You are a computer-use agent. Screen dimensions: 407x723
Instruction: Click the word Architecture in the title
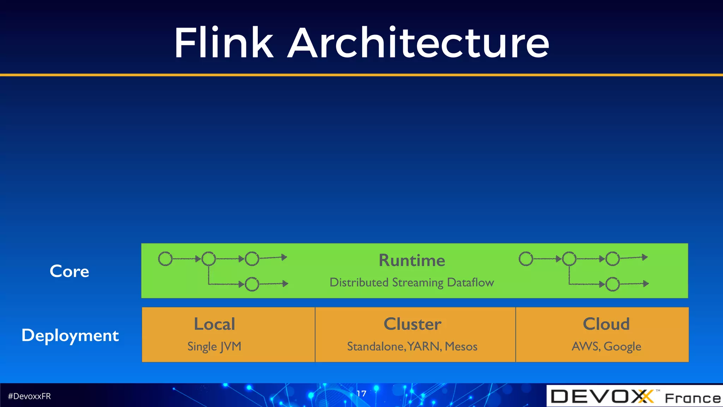418,43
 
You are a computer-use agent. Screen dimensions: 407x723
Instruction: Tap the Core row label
69,271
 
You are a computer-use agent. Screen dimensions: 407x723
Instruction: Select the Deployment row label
70,335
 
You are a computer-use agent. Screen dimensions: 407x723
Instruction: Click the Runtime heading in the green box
412,260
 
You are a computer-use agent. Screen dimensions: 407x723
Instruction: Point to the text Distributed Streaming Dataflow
412,282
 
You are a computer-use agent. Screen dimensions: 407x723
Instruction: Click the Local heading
214,324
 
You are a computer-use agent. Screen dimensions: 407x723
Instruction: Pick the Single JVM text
214,346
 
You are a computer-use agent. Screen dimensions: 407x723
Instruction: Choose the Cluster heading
412,324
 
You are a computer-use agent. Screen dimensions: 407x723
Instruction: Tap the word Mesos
461,346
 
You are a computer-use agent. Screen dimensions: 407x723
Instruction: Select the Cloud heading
606,324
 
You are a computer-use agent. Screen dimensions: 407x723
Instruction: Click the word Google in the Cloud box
622,347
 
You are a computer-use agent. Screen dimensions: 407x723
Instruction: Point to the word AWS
585,346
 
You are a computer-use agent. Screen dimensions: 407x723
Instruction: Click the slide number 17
361,394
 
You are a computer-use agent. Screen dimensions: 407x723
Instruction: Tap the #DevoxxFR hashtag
29,396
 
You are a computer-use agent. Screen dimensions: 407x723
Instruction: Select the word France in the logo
693,398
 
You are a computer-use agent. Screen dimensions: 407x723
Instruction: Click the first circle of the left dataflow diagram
165,259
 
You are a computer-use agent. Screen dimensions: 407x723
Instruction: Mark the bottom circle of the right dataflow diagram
613,284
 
